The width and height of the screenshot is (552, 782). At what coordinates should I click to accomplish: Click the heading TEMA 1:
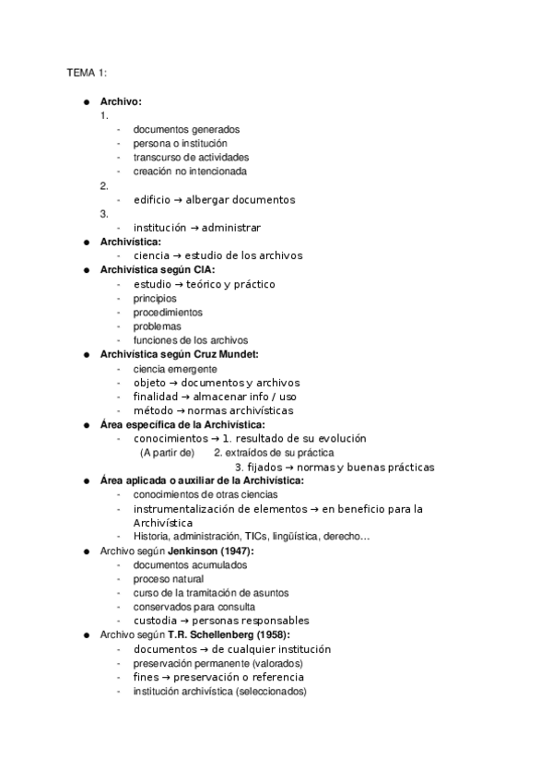(87, 73)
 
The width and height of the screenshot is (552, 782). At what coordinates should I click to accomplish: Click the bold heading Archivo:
(121, 101)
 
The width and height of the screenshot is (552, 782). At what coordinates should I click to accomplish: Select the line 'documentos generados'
(186, 130)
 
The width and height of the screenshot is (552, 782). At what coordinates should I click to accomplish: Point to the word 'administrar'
(230, 228)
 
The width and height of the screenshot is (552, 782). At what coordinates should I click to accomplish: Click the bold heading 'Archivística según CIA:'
(157, 270)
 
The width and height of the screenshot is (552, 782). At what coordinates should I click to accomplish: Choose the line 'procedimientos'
(168, 313)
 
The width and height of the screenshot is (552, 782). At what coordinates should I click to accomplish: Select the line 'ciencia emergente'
(175, 369)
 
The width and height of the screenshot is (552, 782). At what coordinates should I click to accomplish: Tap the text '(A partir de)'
(168, 453)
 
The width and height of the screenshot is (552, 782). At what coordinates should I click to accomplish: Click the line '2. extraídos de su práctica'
(274, 453)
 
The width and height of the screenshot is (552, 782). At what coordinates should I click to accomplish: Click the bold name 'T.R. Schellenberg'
(214, 635)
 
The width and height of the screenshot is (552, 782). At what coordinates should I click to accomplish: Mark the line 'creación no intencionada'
(190, 172)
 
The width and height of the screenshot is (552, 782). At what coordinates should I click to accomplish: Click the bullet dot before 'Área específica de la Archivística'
(86, 425)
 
